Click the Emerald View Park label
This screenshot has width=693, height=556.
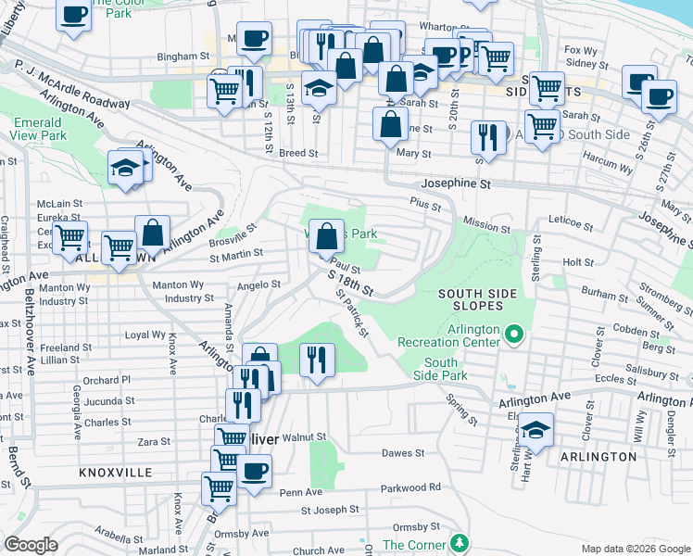[41, 129]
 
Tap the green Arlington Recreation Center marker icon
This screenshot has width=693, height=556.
[513, 332]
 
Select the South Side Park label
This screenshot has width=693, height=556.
[441, 369]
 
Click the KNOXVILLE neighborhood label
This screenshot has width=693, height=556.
[116, 472]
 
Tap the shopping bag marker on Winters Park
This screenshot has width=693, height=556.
[326, 237]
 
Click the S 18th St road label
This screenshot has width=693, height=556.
[350, 284]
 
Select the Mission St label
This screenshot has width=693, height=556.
[486, 226]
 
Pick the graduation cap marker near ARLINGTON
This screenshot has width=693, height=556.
[535, 429]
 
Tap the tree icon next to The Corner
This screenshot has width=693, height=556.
[457, 541]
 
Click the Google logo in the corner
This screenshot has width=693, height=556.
[31, 545]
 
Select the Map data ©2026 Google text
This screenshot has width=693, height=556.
[635, 549]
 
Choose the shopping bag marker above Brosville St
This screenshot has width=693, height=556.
[152, 233]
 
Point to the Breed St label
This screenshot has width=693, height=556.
[298, 153]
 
